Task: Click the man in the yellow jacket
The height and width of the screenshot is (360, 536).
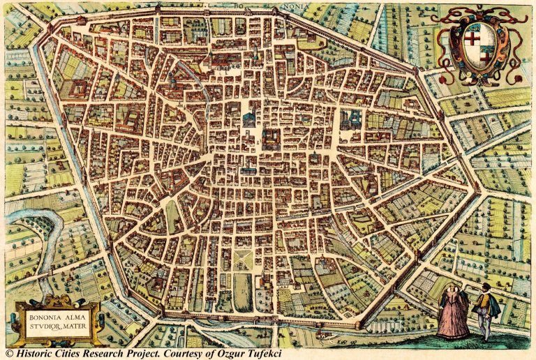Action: pyautogui.click(x=484, y=307)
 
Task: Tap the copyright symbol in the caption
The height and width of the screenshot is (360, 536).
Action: pyautogui.click(x=8, y=354)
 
